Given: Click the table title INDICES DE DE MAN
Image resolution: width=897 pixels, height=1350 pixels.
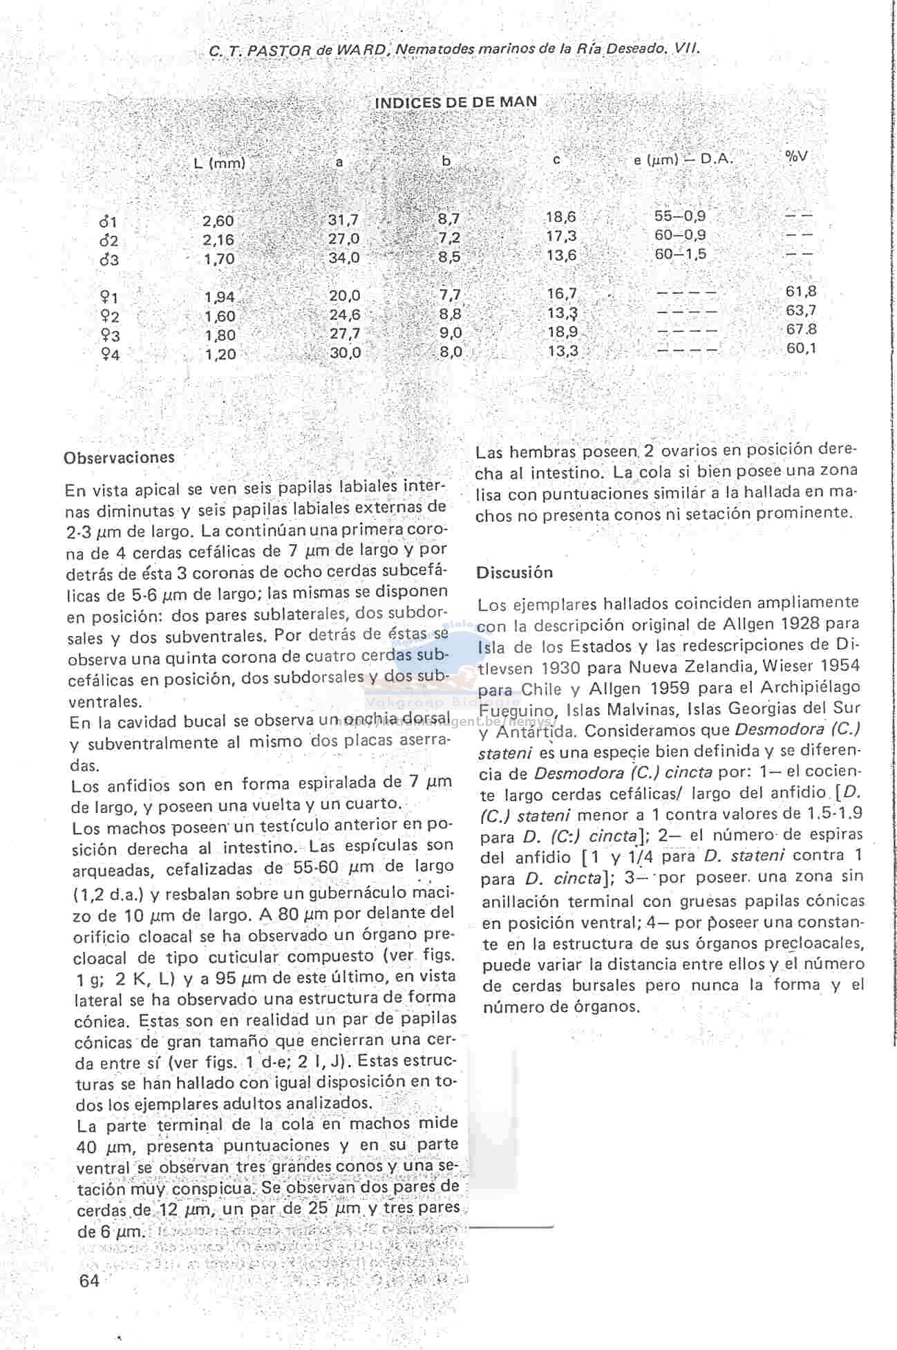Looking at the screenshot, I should click(455, 102).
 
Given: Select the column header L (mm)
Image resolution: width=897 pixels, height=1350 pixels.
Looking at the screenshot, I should click(219, 164).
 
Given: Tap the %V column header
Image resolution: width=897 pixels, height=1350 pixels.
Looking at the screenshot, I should click(795, 156).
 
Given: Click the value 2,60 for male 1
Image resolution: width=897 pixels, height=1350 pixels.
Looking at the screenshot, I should click(218, 221).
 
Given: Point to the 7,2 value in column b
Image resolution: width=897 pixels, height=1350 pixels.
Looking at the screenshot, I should click(449, 238).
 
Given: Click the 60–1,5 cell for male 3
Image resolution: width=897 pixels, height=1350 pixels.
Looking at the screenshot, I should click(680, 254).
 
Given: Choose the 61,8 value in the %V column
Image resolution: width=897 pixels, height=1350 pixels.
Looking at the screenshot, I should click(801, 292).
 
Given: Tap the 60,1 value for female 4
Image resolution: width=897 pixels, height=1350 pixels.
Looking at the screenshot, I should click(801, 348).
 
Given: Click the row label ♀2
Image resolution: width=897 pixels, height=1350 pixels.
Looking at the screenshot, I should click(109, 317).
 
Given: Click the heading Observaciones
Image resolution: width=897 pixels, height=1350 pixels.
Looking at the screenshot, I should click(119, 458).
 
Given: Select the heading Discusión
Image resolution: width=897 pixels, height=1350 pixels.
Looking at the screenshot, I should click(514, 572).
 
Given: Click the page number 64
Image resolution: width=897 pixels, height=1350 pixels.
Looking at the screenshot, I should click(90, 1281).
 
